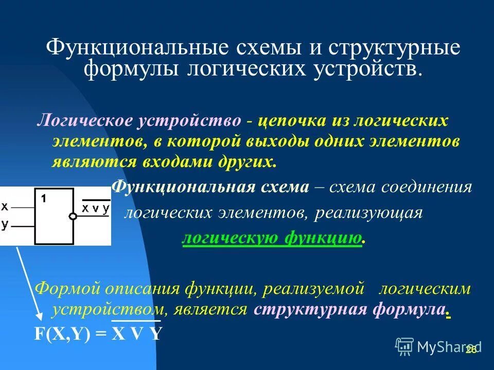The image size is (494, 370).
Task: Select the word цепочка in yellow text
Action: click(291, 121)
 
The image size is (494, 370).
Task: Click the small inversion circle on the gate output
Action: click(73, 217)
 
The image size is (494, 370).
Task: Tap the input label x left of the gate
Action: click(5, 207)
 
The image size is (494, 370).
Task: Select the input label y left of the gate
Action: click(5, 225)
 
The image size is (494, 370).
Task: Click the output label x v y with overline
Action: click(96, 208)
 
